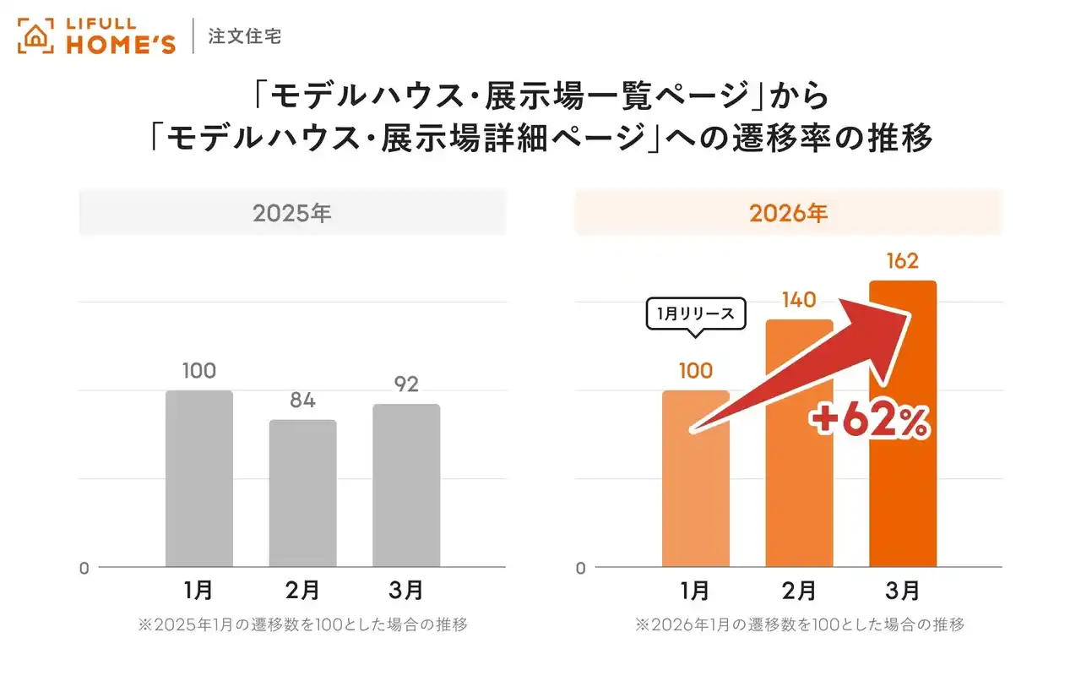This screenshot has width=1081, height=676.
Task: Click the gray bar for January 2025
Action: (199, 478)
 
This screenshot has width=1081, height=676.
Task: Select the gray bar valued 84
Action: (302, 493)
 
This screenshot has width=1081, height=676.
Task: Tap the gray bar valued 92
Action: (406, 485)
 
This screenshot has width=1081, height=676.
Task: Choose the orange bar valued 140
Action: (799, 473)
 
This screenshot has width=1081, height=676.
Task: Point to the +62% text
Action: (870, 422)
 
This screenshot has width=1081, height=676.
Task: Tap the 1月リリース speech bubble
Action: (695, 314)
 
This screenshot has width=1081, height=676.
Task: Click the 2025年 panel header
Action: (292, 213)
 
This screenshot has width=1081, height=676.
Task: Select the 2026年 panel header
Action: (789, 213)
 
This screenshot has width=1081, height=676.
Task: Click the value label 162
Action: (902, 262)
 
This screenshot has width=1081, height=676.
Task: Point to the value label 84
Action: (302, 401)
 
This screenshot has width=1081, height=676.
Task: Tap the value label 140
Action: (798, 300)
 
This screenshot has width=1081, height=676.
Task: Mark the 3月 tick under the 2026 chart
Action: (903, 589)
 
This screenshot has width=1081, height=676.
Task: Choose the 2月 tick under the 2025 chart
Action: (302, 589)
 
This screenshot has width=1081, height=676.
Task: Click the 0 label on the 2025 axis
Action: (84, 569)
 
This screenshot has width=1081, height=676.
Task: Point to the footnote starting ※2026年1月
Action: (799, 625)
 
